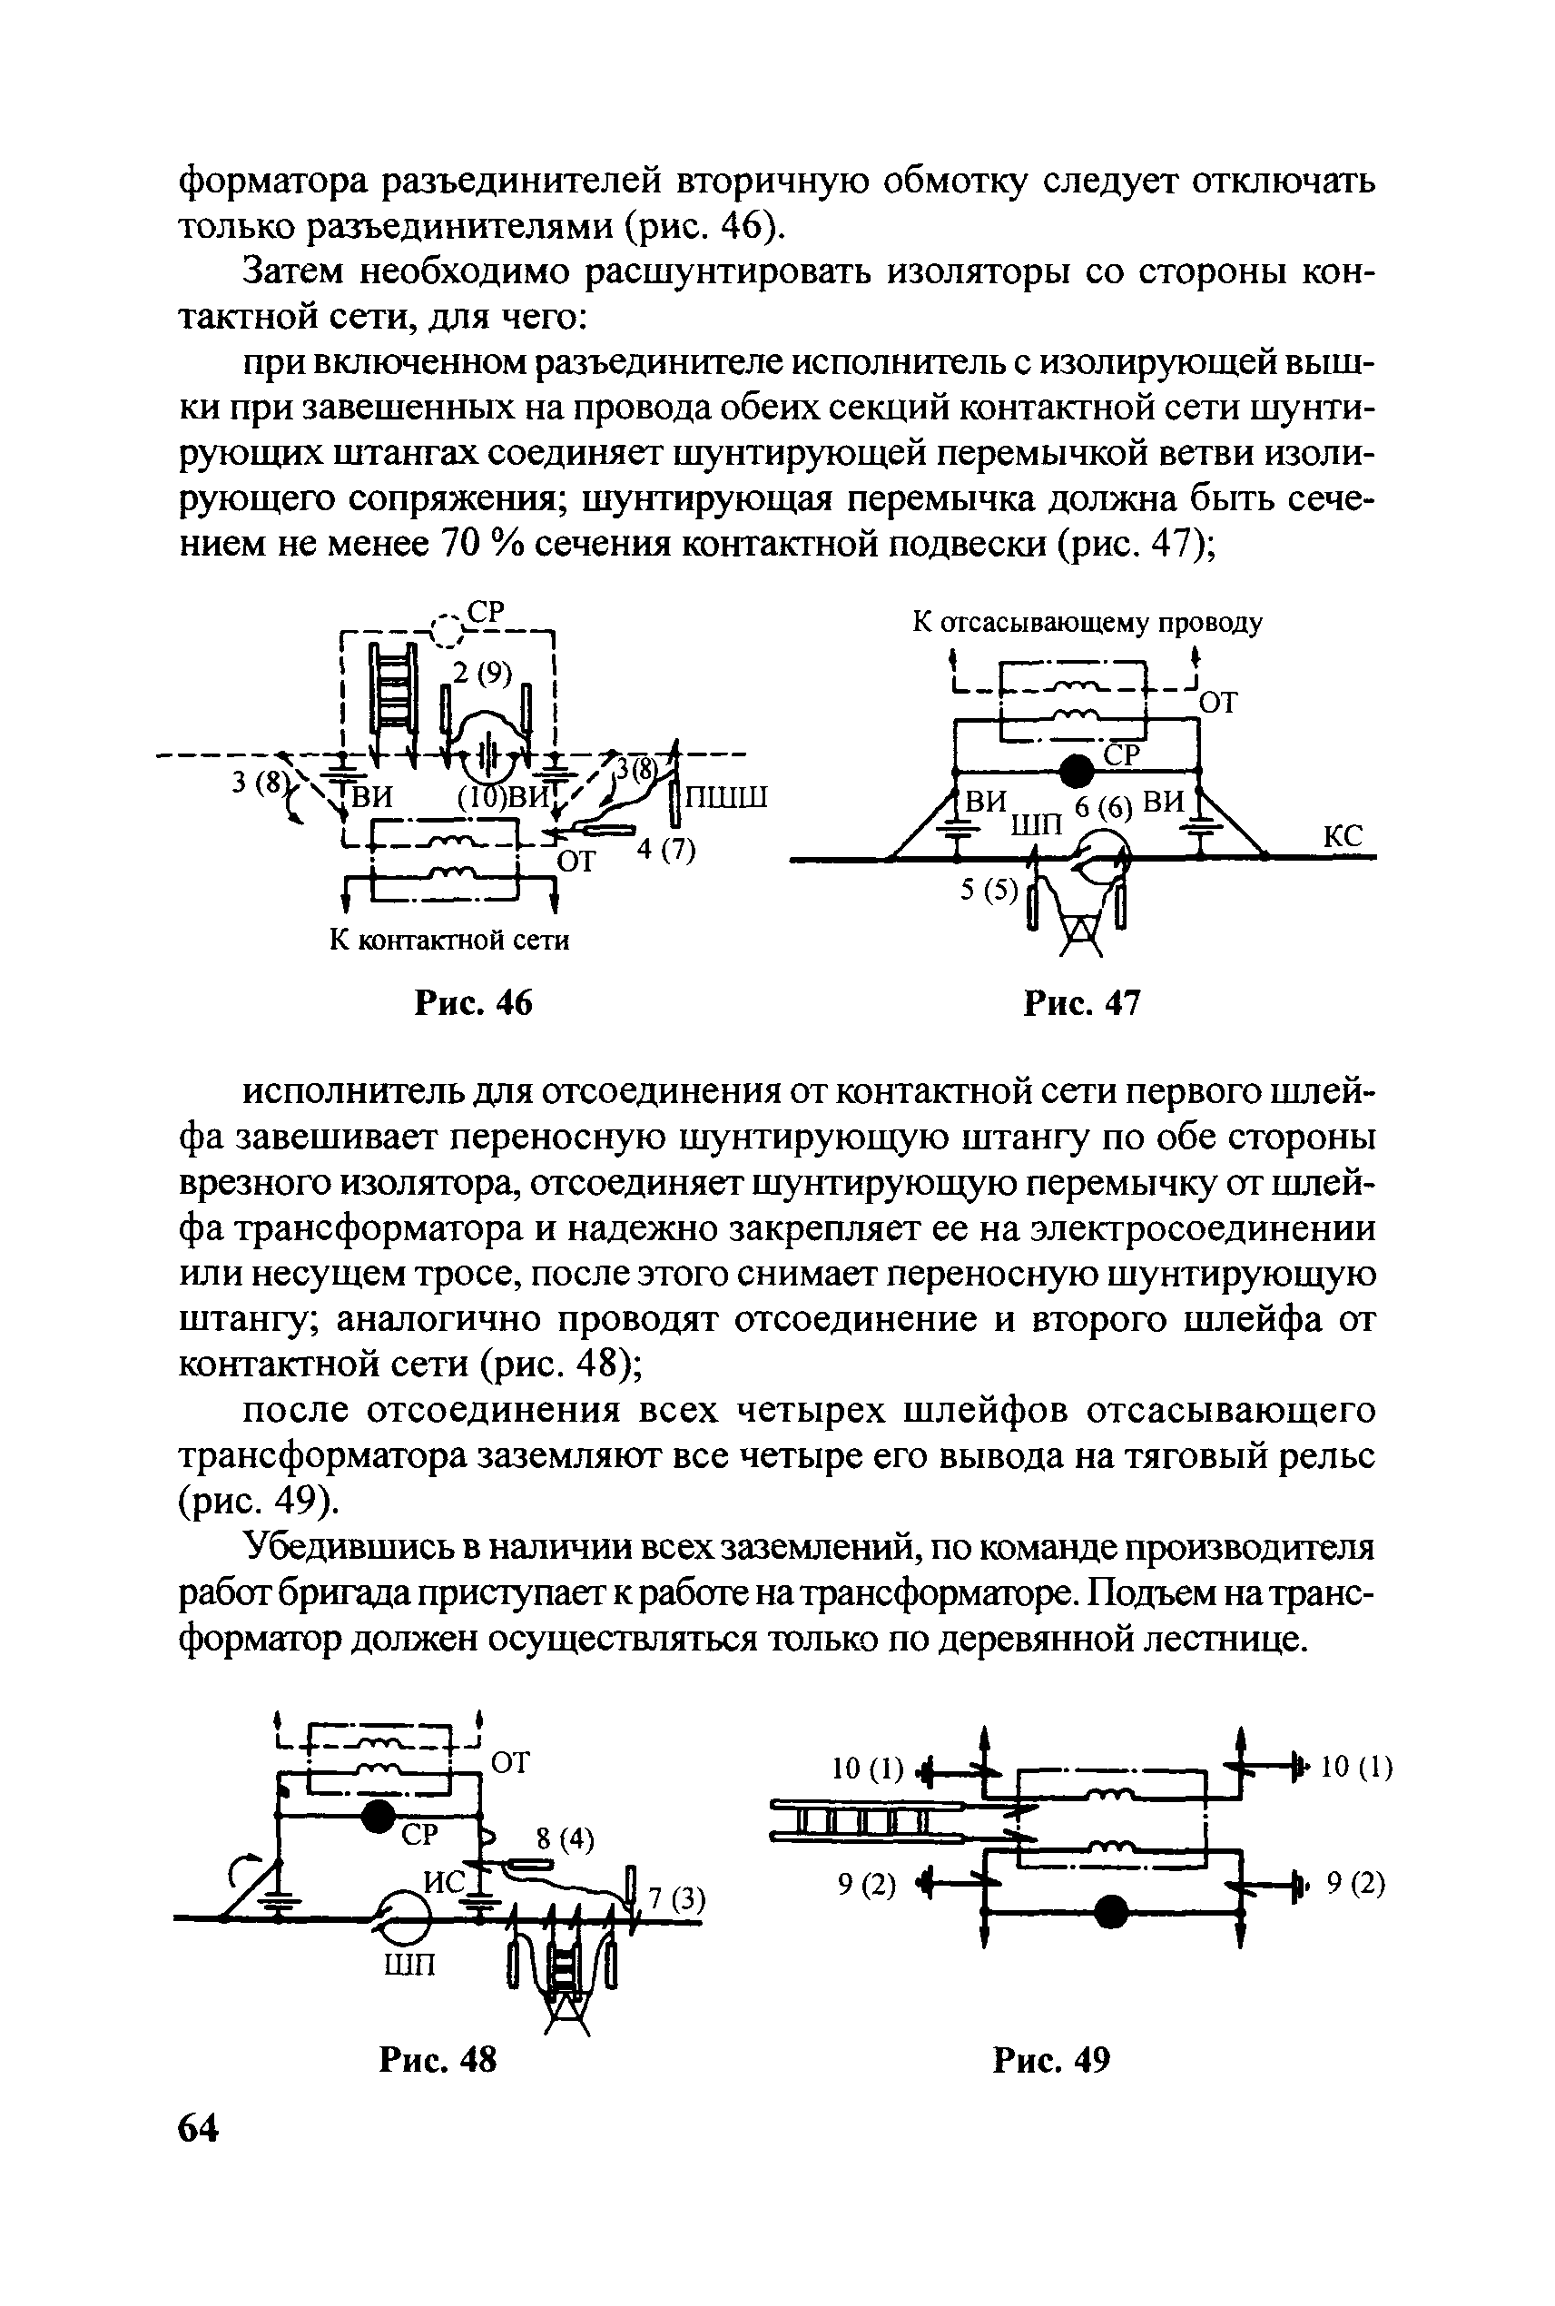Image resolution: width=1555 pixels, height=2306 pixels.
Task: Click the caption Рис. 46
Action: point(473,1004)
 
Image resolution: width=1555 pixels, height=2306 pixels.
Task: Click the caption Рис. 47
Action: point(1082,1004)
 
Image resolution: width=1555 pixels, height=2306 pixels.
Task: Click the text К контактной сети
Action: point(449,941)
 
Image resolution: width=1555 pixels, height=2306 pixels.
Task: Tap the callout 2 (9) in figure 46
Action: point(482,674)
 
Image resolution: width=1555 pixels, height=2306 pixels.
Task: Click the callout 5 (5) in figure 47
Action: point(989,891)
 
